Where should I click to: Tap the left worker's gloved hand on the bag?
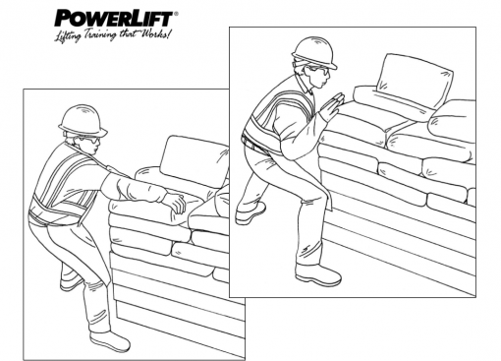tap(174, 204)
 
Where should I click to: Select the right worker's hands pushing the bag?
tap(333, 102)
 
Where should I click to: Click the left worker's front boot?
tap(107, 339)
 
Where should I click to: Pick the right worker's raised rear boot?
tap(251, 211)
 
